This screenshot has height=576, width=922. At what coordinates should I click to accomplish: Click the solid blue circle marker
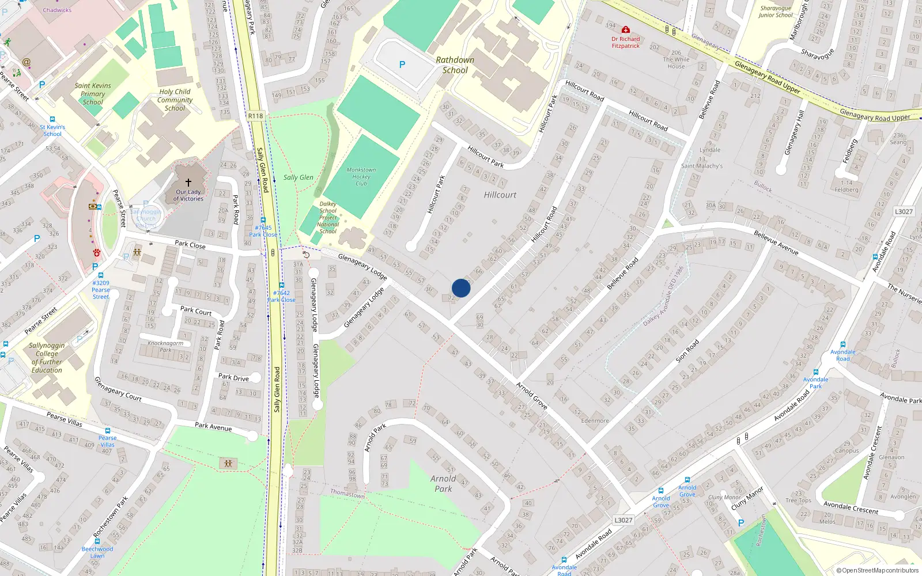[461, 288]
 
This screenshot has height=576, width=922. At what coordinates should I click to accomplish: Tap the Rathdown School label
[455, 65]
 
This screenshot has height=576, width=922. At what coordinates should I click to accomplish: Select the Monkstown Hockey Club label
[361, 176]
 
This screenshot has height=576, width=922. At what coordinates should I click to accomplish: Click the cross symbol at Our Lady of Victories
[188, 183]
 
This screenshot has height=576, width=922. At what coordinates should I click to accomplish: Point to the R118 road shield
[255, 116]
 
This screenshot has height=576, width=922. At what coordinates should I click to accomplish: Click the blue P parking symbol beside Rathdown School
[402, 65]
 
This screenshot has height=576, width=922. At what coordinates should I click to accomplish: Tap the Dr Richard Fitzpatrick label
[626, 42]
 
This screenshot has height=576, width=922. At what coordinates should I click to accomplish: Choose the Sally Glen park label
[298, 177]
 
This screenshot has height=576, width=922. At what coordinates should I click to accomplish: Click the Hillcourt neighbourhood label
[500, 195]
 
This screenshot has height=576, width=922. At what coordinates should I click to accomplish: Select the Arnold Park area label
[443, 483]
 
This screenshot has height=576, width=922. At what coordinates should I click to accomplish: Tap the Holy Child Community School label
[175, 100]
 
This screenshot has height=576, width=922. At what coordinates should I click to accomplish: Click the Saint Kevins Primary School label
[93, 94]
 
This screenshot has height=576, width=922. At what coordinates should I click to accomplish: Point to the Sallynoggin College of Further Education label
[47, 358]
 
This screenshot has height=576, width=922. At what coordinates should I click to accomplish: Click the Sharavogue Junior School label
[776, 12]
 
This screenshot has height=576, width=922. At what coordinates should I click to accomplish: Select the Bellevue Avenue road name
[776, 242]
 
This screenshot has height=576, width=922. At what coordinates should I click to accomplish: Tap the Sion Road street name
[687, 350]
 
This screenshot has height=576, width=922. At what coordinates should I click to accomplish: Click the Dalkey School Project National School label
[328, 218]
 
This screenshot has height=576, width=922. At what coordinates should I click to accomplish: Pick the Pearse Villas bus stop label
[107, 441]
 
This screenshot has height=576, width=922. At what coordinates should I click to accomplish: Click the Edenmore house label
[595, 420]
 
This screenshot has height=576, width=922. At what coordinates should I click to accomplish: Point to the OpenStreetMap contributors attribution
[877, 570]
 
